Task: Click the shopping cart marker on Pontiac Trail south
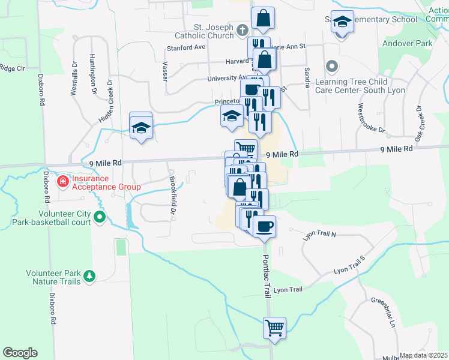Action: pyautogui.click(x=274, y=328)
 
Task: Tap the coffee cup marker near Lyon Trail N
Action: pyautogui.click(x=264, y=226)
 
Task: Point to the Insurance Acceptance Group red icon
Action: pyautogui.click(x=62, y=181)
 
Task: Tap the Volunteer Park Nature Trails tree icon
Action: pyautogui.click(x=89, y=275)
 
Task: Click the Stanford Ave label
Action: pyautogui.click(x=186, y=47)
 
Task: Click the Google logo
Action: pyautogui.click(x=20, y=352)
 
